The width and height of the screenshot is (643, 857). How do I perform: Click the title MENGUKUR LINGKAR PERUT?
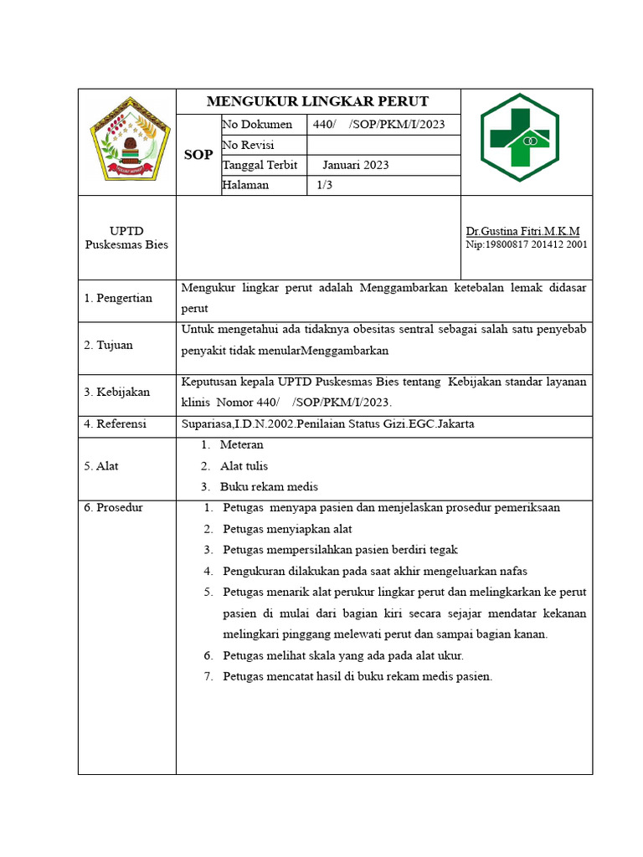pyautogui.click(x=317, y=102)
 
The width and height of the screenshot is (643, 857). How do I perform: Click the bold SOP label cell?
pyautogui.click(x=198, y=155)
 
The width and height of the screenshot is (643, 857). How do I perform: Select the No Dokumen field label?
pyautogui.click(x=257, y=125)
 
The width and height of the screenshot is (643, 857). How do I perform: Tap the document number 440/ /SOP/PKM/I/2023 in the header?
pyautogui.click(x=378, y=125)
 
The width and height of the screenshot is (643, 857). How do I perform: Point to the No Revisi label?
pyautogui.click(x=249, y=145)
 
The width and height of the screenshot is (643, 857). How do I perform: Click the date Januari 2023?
pyautogui.click(x=355, y=165)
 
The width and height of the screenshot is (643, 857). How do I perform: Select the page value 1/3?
pyautogui.click(x=324, y=185)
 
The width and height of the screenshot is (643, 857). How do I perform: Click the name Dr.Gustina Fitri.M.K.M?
pyautogui.click(x=522, y=231)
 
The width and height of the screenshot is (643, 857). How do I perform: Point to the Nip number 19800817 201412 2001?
pyautogui.click(x=527, y=245)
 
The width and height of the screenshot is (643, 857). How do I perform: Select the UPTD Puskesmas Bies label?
pyautogui.click(x=126, y=238)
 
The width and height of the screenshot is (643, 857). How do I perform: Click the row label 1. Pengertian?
pyautogui.click(x=118, y=299)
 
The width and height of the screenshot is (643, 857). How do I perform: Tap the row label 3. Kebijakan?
pyautogui.click(x=116, y=392)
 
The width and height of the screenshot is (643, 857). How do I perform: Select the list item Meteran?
pyautogui.click(x=241, y=445)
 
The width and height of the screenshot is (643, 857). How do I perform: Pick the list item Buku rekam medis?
pyautogui.click(x=269, y=486)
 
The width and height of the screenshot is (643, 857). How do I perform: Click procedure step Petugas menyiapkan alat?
pyautogui.click(x=287, y=529)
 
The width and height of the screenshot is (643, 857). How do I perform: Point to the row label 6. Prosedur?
pyautogui.click(x=113, y=508)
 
